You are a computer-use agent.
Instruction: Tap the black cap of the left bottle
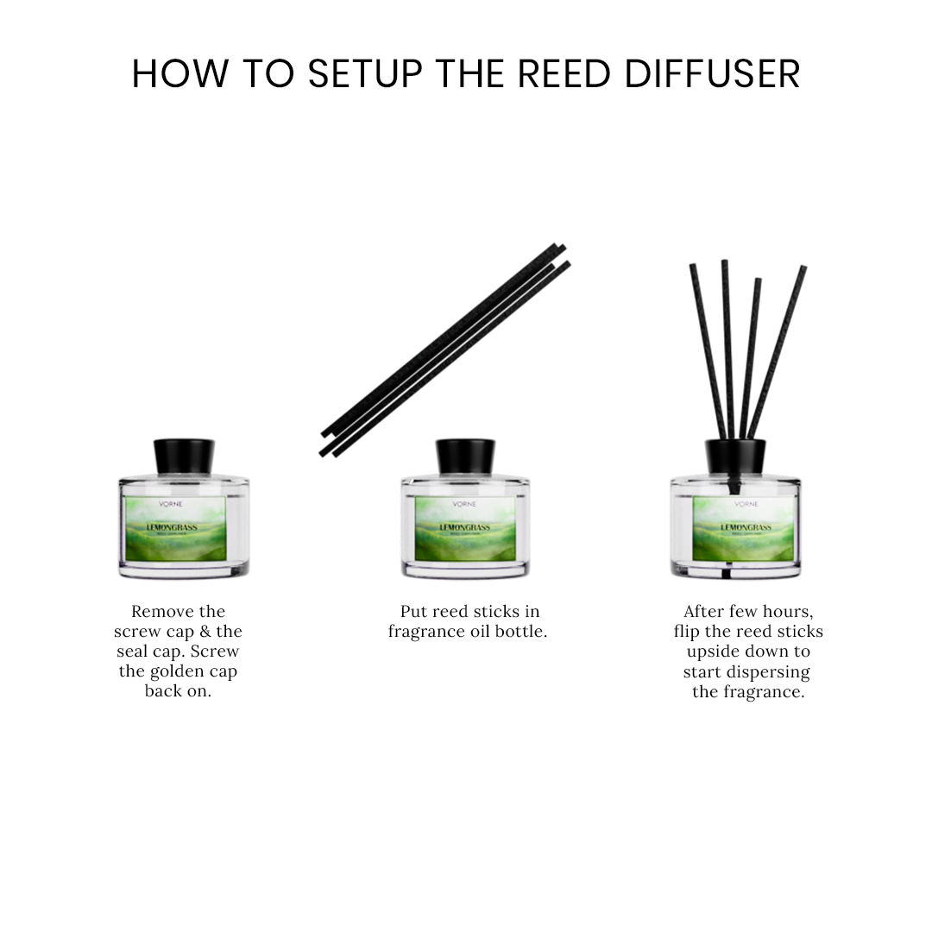(184, 457)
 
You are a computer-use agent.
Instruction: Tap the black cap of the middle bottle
(465, 457)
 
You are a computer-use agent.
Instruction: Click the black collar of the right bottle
(735, 457)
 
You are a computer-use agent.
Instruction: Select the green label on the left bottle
(176, 528)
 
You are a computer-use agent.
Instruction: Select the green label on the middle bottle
(465, 528)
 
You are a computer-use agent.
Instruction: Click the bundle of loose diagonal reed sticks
(445, 349)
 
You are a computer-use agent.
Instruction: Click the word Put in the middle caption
(413, 612)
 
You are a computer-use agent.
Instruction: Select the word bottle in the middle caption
(521, 632)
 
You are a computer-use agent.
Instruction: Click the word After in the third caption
(704, 612)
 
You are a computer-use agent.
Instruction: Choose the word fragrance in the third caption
(763, 692)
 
